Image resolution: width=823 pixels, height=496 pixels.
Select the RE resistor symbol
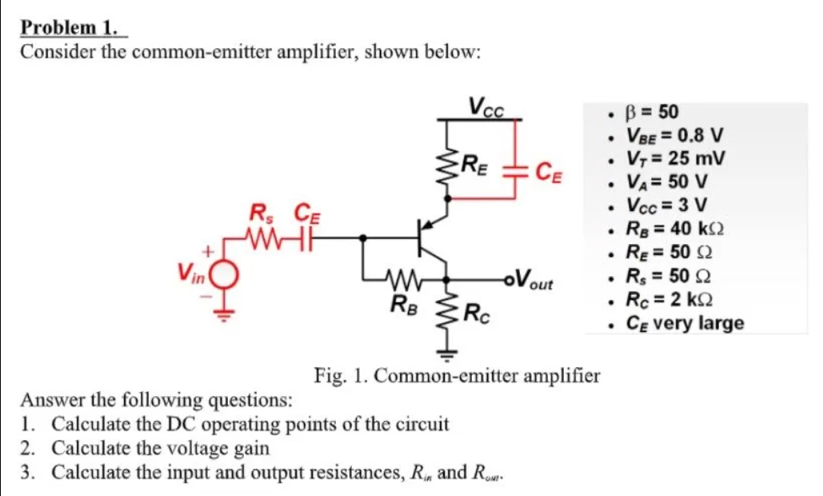pyautogui.click(x=445, y=168)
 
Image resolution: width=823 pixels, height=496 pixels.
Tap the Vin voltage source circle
pyautogui.click(x=226, y=276)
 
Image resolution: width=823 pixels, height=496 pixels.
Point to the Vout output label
pyautogui.click(x=534, y=281)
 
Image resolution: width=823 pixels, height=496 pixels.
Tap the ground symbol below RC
pyautogui.click(x=445, y=352)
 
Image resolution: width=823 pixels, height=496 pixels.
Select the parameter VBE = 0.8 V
pyautogui.click(x=677, y=134)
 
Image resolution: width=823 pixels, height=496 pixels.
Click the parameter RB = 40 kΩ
pyautogui.click(x=677, y=229)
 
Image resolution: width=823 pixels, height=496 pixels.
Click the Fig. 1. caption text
pyautogui.click(x=457, y=374)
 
